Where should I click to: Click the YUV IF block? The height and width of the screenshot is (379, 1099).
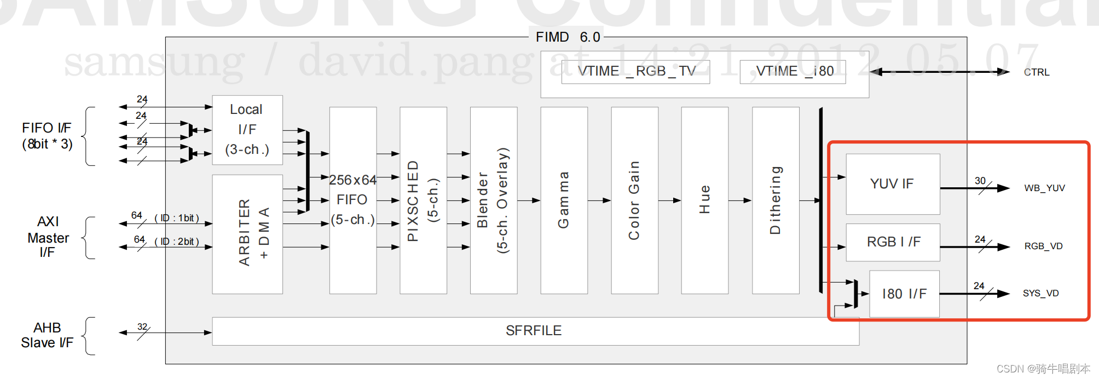[x=892, y=184]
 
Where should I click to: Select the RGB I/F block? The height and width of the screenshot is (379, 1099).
[x=893, y=242]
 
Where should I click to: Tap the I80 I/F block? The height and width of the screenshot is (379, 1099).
[x=904, y=294]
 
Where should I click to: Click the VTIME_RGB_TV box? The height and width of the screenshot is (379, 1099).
[x=636, y=72]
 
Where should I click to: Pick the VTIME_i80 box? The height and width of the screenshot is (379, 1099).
[x=793, y=72]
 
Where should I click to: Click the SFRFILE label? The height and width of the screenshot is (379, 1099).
[x=534, y=331]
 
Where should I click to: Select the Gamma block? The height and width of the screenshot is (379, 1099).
[x=564, y=200]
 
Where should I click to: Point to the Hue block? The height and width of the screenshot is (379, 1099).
[x=704, y=200]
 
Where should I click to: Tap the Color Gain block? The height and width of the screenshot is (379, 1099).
[x=634, y=200]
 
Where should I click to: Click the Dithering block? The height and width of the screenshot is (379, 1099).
[x=776, y=200]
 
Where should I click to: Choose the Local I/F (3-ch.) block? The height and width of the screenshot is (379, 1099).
[x=247, y=130]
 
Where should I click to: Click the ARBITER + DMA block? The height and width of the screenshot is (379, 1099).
[x=247, y=234]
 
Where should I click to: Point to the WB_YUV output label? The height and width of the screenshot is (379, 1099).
[x=1044, y=188]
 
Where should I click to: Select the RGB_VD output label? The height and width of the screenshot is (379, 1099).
[x=1043, y=246]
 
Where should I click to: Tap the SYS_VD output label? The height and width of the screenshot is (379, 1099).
[x=1040, y=294]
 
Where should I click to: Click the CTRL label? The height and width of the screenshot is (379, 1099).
[x=1037, y=72]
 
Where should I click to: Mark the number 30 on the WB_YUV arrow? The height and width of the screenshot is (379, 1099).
[x=980, y=181]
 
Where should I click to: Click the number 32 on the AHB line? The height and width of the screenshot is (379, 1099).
[x=142, y=327]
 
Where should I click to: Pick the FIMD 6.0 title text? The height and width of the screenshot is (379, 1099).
[x=568, y=37]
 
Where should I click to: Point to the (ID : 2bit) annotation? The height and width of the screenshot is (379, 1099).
[x=177, y=242]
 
